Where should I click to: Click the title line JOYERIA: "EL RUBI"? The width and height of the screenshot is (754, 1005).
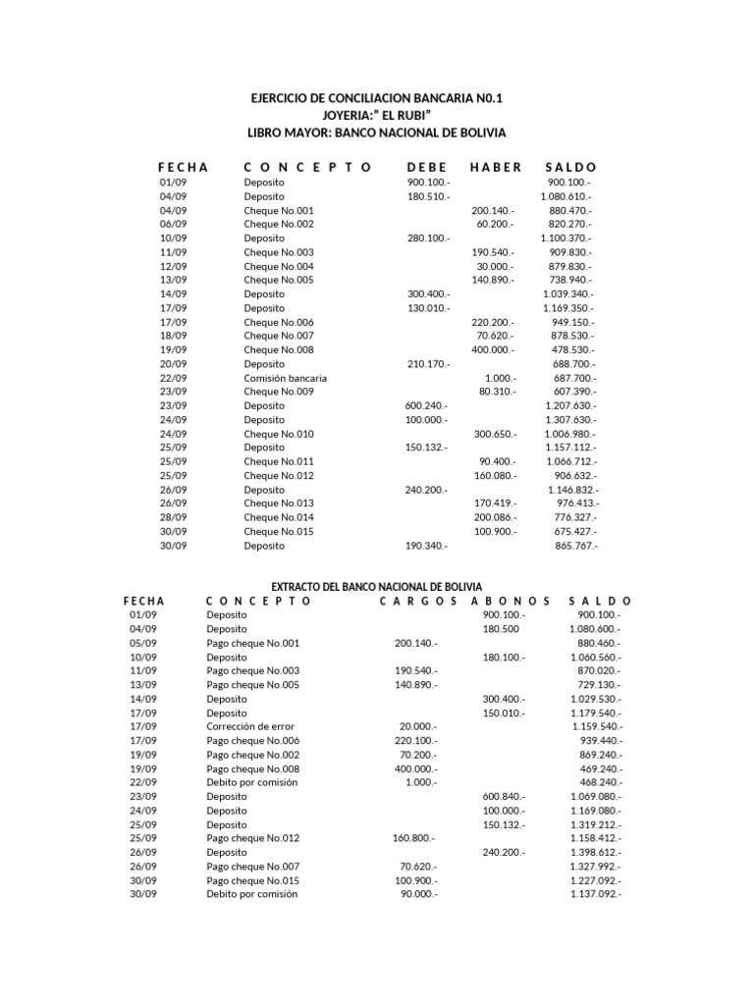click(x=377, y=115)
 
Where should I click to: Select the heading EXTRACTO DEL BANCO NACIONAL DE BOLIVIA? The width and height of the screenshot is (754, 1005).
click(x=377, y=585)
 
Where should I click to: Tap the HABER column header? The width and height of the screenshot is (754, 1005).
click(x=496, y=167)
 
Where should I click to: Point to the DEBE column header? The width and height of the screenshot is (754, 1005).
click(x=426, y=167)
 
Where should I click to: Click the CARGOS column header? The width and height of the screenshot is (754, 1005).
click(x=418, y=601)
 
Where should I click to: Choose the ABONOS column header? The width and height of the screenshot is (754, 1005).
click(x=512, y=601)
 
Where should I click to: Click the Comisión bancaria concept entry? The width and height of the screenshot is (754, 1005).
click(x=285, y=378)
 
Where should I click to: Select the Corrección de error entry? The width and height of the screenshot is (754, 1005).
click(x=249, y=726)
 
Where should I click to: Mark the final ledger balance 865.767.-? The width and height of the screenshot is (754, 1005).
click(x=576, y=545)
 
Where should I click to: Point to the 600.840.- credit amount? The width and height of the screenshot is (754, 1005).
click(x=504, y=796)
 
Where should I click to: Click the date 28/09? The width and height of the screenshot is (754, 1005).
click(x=172, y=517)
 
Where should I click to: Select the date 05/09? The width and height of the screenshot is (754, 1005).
click(x=142, y=643)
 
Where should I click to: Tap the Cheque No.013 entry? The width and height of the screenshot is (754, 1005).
click(x=279, y=503)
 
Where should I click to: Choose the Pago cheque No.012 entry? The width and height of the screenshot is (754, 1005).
click(x=252, y=838)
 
